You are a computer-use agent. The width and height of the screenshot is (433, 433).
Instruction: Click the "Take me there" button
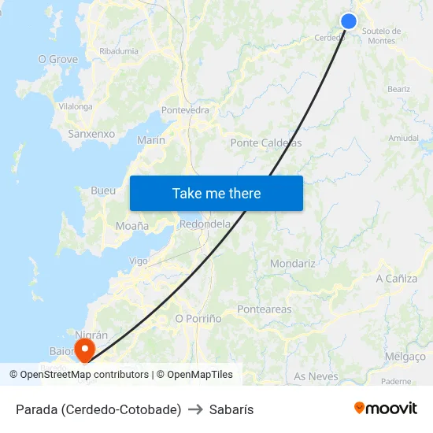(x=216, y=194)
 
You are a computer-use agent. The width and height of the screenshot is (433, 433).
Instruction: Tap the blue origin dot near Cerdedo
(x=349, y=22)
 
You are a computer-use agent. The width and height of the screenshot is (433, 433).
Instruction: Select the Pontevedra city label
(x=185, y=110)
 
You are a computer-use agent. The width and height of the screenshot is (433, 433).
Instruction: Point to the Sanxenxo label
(x=91, y=134)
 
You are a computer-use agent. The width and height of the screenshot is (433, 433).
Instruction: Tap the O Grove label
(x=58, y=59)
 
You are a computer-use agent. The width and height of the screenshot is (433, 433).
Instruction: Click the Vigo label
(x=139, y=261)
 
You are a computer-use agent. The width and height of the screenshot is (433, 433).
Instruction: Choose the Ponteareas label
(x=264, y=309)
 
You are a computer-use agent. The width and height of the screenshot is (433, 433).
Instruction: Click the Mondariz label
(x=292, y=264)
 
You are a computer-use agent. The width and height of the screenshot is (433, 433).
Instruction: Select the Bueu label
(x=103, y=191)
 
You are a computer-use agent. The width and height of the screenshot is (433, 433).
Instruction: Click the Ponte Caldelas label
(x=266, y=143)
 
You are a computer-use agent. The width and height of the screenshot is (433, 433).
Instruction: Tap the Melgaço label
(x=405, y=357)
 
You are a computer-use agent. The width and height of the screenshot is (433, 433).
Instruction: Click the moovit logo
(x=386, y=409)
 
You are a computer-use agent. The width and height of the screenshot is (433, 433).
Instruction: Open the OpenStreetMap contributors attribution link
(x=84, y=375)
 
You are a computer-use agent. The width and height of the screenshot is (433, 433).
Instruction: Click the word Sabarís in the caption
(x=231, y=409)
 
